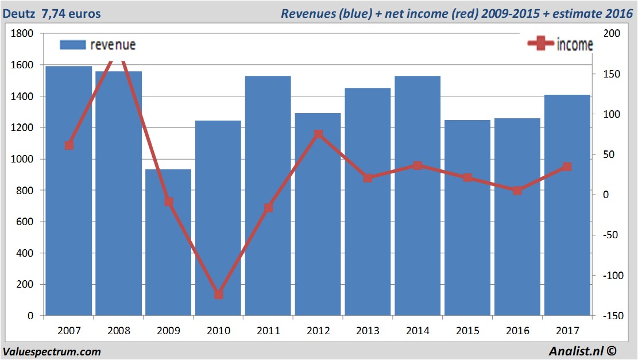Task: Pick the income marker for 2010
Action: tap(218, 295)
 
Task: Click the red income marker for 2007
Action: tap(69, 145)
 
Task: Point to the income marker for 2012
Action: tap(318, 134)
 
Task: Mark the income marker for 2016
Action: tap(517, 190)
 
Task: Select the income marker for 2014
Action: tap(417, 165)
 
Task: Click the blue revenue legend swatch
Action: tap(72, 45)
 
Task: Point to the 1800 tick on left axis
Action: tap(23, 34)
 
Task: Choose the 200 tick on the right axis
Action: tap(611, 34)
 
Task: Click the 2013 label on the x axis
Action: tap(368, 331)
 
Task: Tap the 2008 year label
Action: tap(119, 331)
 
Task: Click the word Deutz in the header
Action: tap(19, 13)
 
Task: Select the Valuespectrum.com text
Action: tap(52, 351)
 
